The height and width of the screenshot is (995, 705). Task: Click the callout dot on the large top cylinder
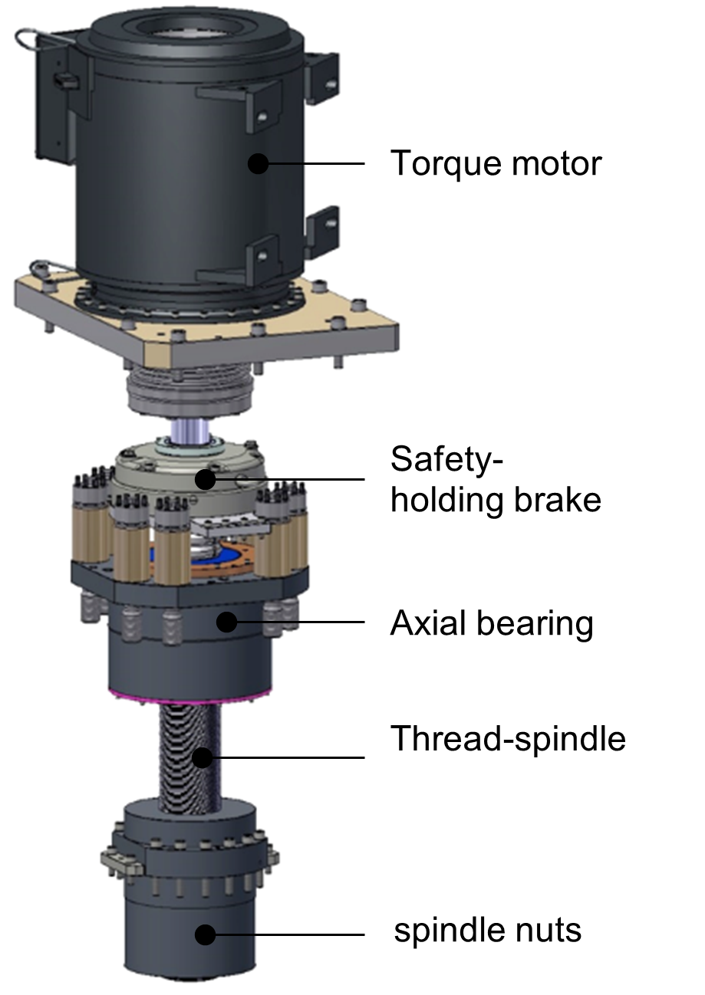[259, 163]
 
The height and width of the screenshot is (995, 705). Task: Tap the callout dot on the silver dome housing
[205, 480]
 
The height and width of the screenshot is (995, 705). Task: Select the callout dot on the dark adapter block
[226, 622]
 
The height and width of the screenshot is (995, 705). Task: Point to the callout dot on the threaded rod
[202, 758]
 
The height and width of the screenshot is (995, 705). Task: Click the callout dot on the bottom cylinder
[205, 935]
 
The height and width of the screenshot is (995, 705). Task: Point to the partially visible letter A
[397, 623]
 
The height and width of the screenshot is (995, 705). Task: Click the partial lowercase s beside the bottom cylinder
[398, 932]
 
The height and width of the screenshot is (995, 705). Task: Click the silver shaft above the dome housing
[189, 433]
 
